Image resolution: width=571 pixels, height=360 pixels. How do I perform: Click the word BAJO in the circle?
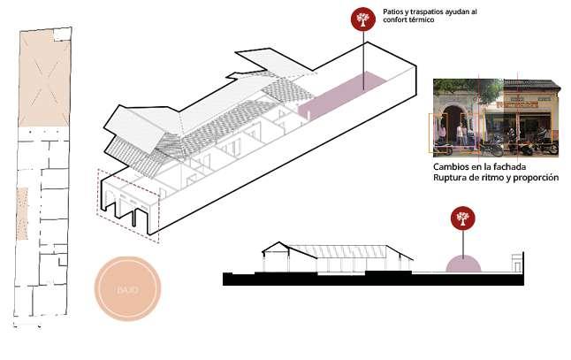127,289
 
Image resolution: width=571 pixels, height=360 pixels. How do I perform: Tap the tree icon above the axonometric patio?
360,19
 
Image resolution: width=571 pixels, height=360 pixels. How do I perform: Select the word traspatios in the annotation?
432,11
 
